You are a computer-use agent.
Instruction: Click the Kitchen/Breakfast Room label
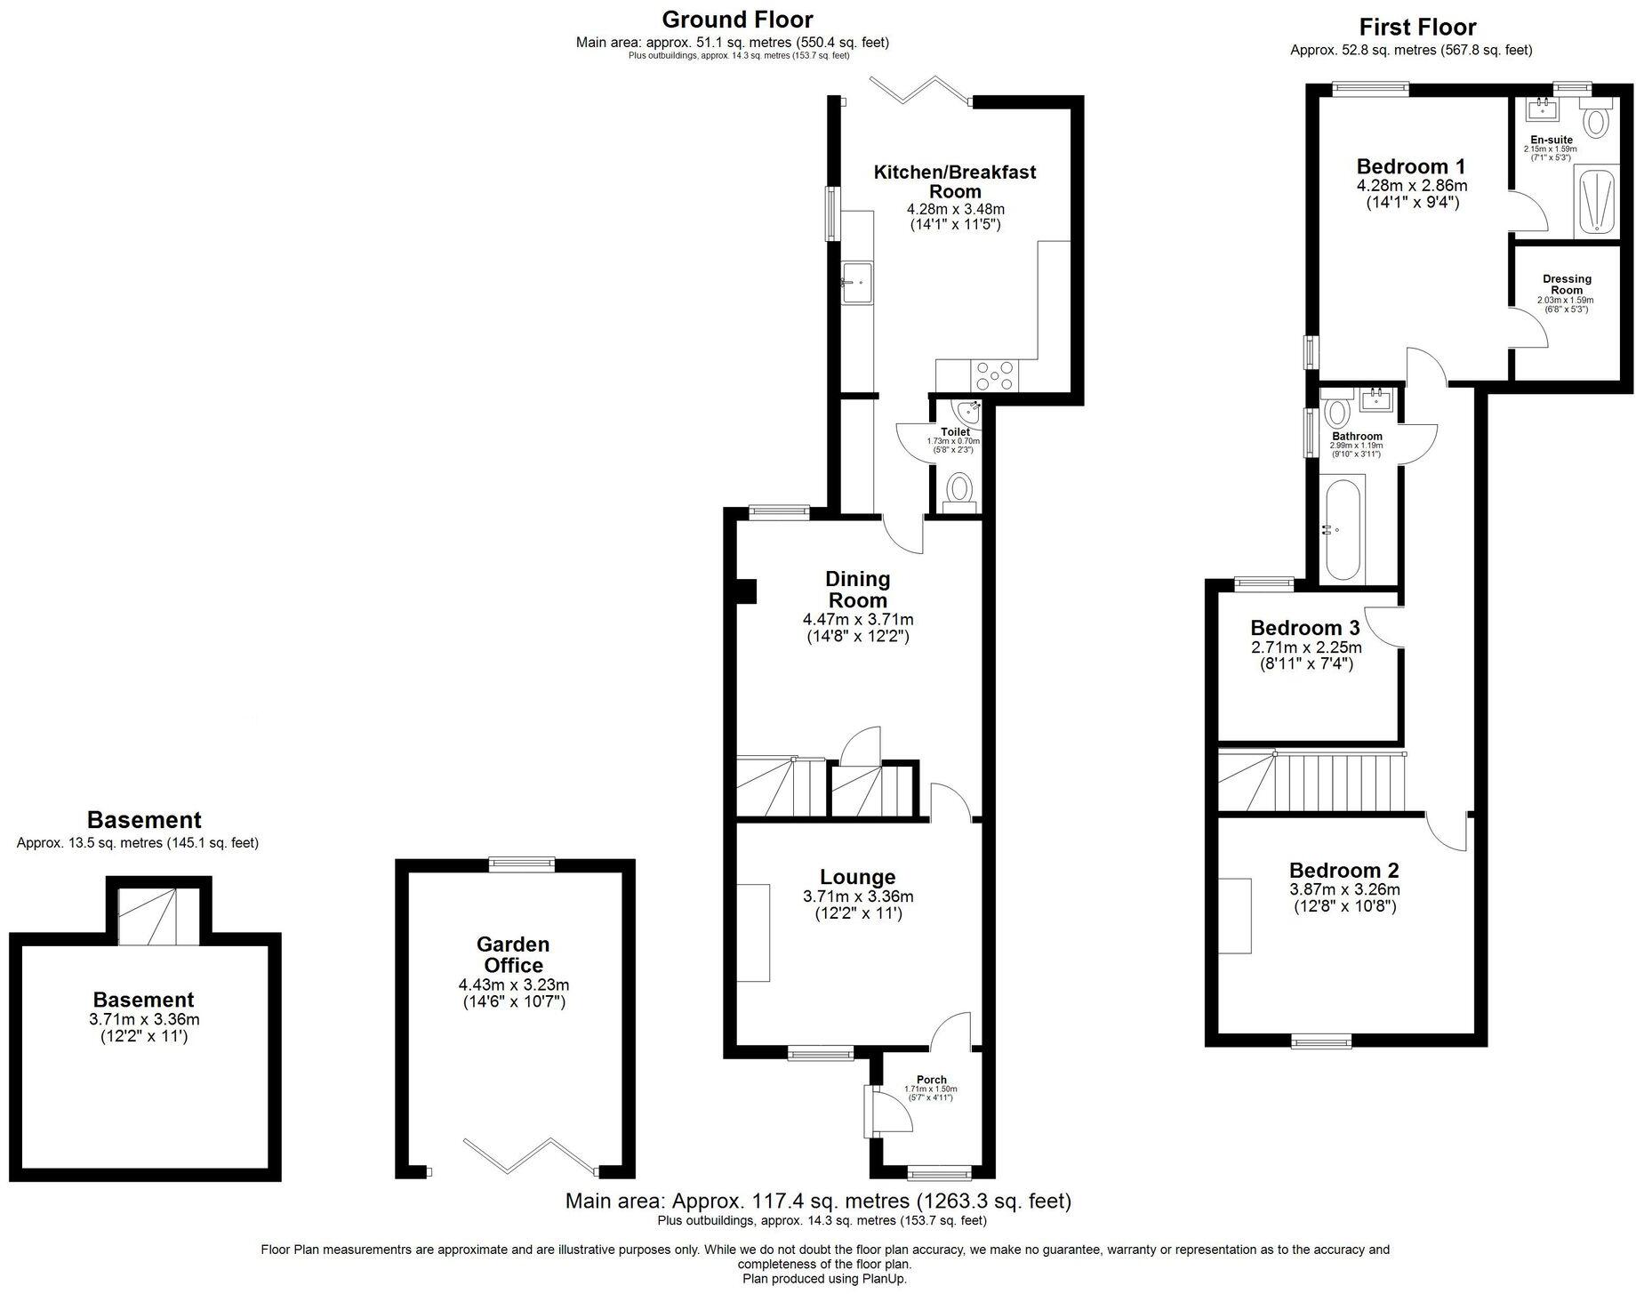(x=955, y=181)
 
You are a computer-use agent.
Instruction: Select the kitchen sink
(x=857, y=282)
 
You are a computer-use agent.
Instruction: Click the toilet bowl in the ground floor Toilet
(x=958, y=488)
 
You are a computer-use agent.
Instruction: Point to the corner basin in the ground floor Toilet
(x=966, y=412)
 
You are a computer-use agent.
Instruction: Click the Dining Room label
(x=857, y=590)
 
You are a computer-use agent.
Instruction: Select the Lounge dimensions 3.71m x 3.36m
(x=857, y=897)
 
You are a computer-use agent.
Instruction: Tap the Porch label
(x=931, y=1080)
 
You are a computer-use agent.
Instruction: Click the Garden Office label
(x=513, y=954)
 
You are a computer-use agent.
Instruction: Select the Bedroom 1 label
(x=1410, y=166)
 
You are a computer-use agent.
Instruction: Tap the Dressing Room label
(x=1567, y=285)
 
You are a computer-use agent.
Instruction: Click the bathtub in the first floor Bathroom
(x=1341, y=530)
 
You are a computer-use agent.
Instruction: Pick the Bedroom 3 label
(x=1304, y=628)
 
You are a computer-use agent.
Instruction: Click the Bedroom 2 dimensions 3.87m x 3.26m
(x=1344, y=889)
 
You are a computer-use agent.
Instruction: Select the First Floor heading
(x=1417, y=27)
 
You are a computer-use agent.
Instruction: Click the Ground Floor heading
(x=737, y=19)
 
